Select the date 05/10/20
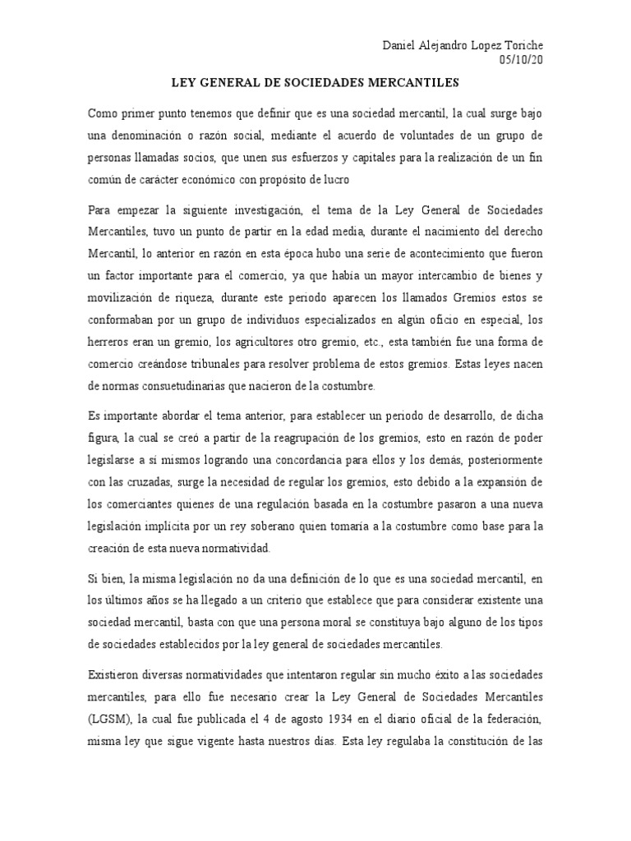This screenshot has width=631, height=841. coord(521,60)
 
